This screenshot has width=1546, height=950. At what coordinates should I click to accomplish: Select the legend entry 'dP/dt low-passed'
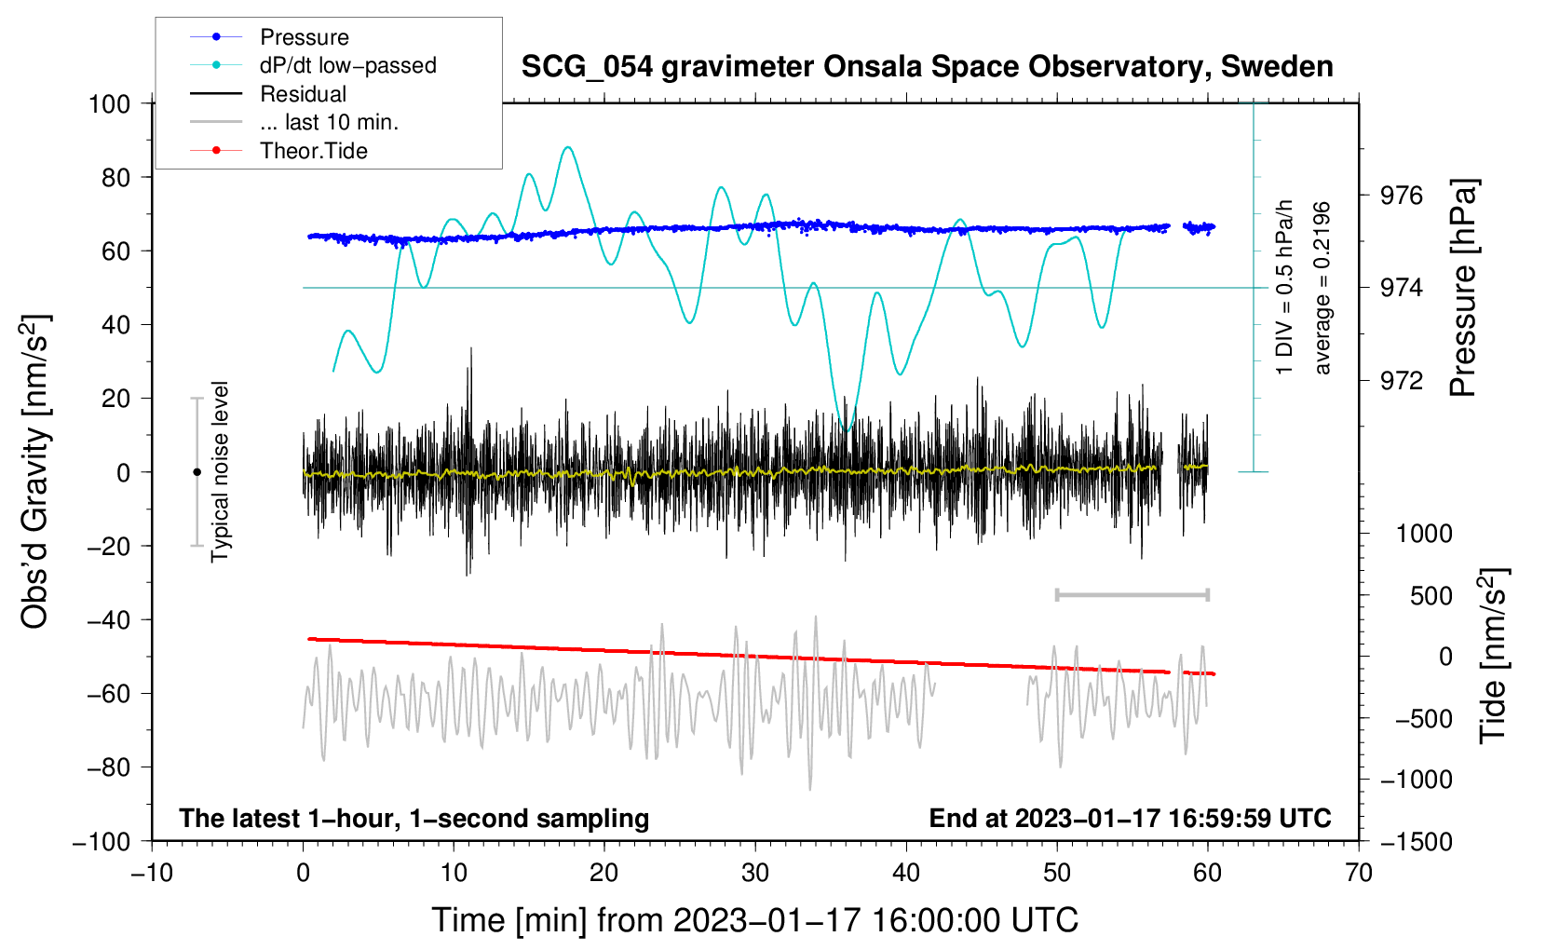[x=347, y=65]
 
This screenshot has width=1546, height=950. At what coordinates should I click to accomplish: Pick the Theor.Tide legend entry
[x=313, y=151]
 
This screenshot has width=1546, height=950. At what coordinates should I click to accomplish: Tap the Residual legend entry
[x=303, y=94]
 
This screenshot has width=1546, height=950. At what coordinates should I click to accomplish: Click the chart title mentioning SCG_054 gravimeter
[x=927, y=67]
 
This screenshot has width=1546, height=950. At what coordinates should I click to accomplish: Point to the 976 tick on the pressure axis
[x=1403, y=196]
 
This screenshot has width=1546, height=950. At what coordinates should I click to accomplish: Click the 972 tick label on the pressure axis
[x=1403, y=381]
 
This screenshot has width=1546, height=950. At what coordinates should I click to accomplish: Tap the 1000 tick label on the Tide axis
[x=1424, y=534]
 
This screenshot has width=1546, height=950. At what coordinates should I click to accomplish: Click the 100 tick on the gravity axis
[x=109, y=103]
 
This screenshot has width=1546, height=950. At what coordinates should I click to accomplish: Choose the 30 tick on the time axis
[x=755, y=873]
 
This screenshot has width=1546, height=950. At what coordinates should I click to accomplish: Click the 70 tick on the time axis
[x=1359, y=873]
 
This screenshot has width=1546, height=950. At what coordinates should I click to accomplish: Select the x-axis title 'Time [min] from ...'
[x=755, y=920]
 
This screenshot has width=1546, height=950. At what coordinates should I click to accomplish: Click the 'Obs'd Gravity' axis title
[x=34, y=471]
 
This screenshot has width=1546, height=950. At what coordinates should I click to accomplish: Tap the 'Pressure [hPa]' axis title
[x=1463, y=289]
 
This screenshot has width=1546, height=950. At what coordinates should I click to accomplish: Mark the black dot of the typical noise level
[x=197, y=472]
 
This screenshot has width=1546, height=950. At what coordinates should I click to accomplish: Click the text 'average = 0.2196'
[x=1322, y=289]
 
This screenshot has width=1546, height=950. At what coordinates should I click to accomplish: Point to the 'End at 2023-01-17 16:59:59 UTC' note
[x=1130, y=818]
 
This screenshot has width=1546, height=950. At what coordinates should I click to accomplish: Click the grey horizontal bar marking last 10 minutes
[x=1132, y=594]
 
